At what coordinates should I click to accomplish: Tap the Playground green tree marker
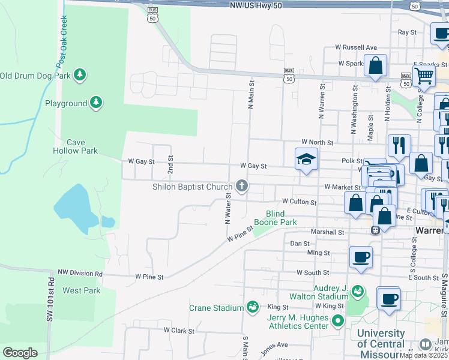click(95, 103)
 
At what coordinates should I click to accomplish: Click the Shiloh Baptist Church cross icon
click(242, 186)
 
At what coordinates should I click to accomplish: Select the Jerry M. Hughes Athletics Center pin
click(337, 322)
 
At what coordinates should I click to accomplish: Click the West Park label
click(81, 290)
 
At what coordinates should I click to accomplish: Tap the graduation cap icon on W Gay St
click(306, 160)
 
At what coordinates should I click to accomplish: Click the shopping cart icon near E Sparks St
click(424, 76)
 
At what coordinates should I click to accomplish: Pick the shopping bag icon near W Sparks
click(376, 66)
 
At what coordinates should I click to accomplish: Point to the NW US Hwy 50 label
click(256, 5)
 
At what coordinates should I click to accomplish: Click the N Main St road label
click(252, 95)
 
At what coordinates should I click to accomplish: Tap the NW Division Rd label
click(80, 273)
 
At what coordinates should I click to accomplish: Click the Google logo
click(20, 353)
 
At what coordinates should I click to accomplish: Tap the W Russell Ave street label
click(356, 47)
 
